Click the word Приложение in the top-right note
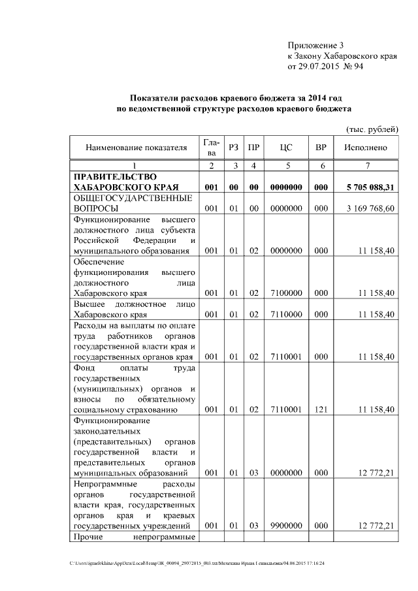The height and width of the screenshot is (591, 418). pyautogui.click(x=310, y=45)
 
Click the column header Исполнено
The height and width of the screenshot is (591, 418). pyautogui.click(x=365, y=148)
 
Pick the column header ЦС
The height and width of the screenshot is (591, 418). pyautogui.click(x=285, y=148)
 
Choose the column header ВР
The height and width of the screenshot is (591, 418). pyautogui.click(x=321, y=148)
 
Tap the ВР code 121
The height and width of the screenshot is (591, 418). pyautogui.click(x=321, y=409)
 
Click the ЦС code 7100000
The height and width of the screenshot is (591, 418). pyautogui.click(x=285, y=293)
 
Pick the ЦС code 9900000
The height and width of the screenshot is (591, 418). pyautogui.click(x=285, y=525)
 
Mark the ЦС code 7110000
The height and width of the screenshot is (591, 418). pyautogui.click(x=285, y=314)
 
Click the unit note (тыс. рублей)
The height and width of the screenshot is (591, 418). pyautogui.click(x=372, y=129)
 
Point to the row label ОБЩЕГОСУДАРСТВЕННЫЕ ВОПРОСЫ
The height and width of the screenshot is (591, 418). pyautogui.click(x=131, y=203)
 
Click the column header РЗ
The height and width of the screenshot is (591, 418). pyautogui.click(x=233, y=148)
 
